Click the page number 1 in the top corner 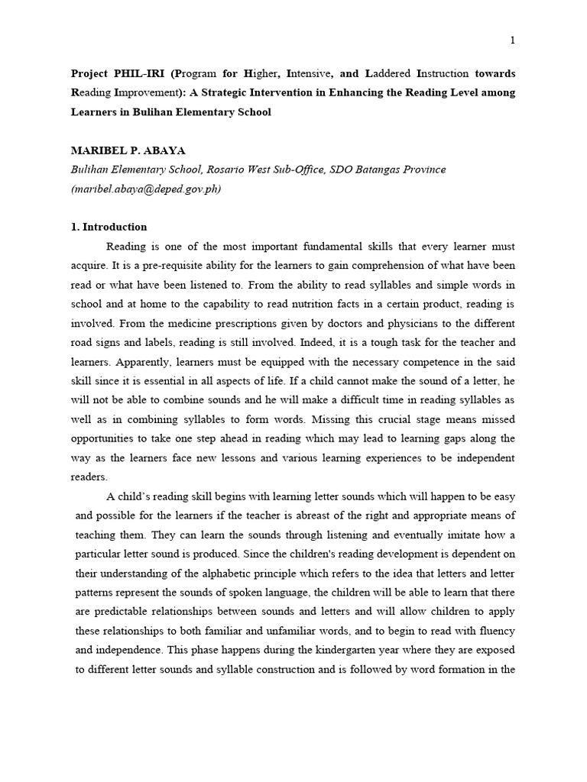tap(512, 41)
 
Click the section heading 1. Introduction tap(109, 227)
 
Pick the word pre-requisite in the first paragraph tap(160, 266)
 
